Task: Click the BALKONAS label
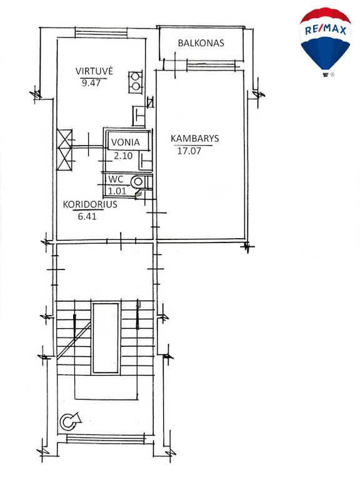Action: (x=201, y=43)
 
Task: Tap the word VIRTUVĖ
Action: (x=94, y=71)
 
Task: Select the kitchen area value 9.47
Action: (x=91, y=82)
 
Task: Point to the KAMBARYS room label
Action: (x=195, y=138)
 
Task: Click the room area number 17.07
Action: (x=189, y=151)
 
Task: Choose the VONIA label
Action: (x=126, y=142)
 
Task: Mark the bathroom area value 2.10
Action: (x=123, y=156)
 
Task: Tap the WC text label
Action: (x=116, y=179)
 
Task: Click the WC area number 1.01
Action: (x=117, y=191)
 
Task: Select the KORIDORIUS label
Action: (x=90, y=204)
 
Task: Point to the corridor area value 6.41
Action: (x=87, y=216)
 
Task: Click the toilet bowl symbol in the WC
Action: (x=137, y=182)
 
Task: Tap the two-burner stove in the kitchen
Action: (x=135, y=82)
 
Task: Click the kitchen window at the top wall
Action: (x=101, y=32)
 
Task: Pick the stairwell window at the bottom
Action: (x=106, y=439)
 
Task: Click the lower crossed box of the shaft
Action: (x=64, y=159)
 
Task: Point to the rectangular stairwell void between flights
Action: (x=106, y=338)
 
